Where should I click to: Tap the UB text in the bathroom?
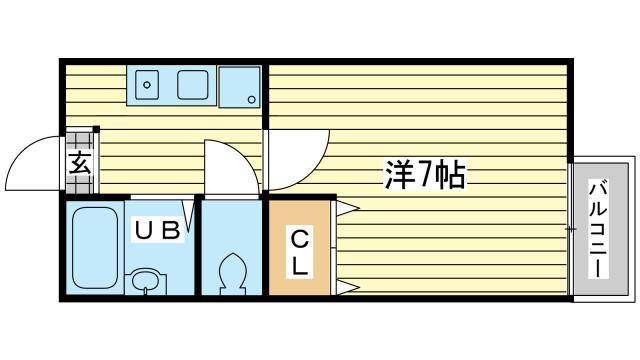pos(158,231)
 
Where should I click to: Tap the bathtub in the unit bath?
pos(95,245)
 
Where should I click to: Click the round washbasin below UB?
pos(147,281)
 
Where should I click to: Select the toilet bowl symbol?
pos(232,272)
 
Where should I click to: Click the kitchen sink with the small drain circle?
pos(148,85)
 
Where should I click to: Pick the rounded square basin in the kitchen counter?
pos(192,85)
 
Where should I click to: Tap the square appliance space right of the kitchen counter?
pos(240,86)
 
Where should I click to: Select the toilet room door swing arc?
pos(228,165)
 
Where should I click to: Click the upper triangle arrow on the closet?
pos(347,209)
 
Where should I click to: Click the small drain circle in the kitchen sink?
pos(147,85)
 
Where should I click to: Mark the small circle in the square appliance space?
pos(252,98)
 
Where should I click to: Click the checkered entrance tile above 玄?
pos(82,137)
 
